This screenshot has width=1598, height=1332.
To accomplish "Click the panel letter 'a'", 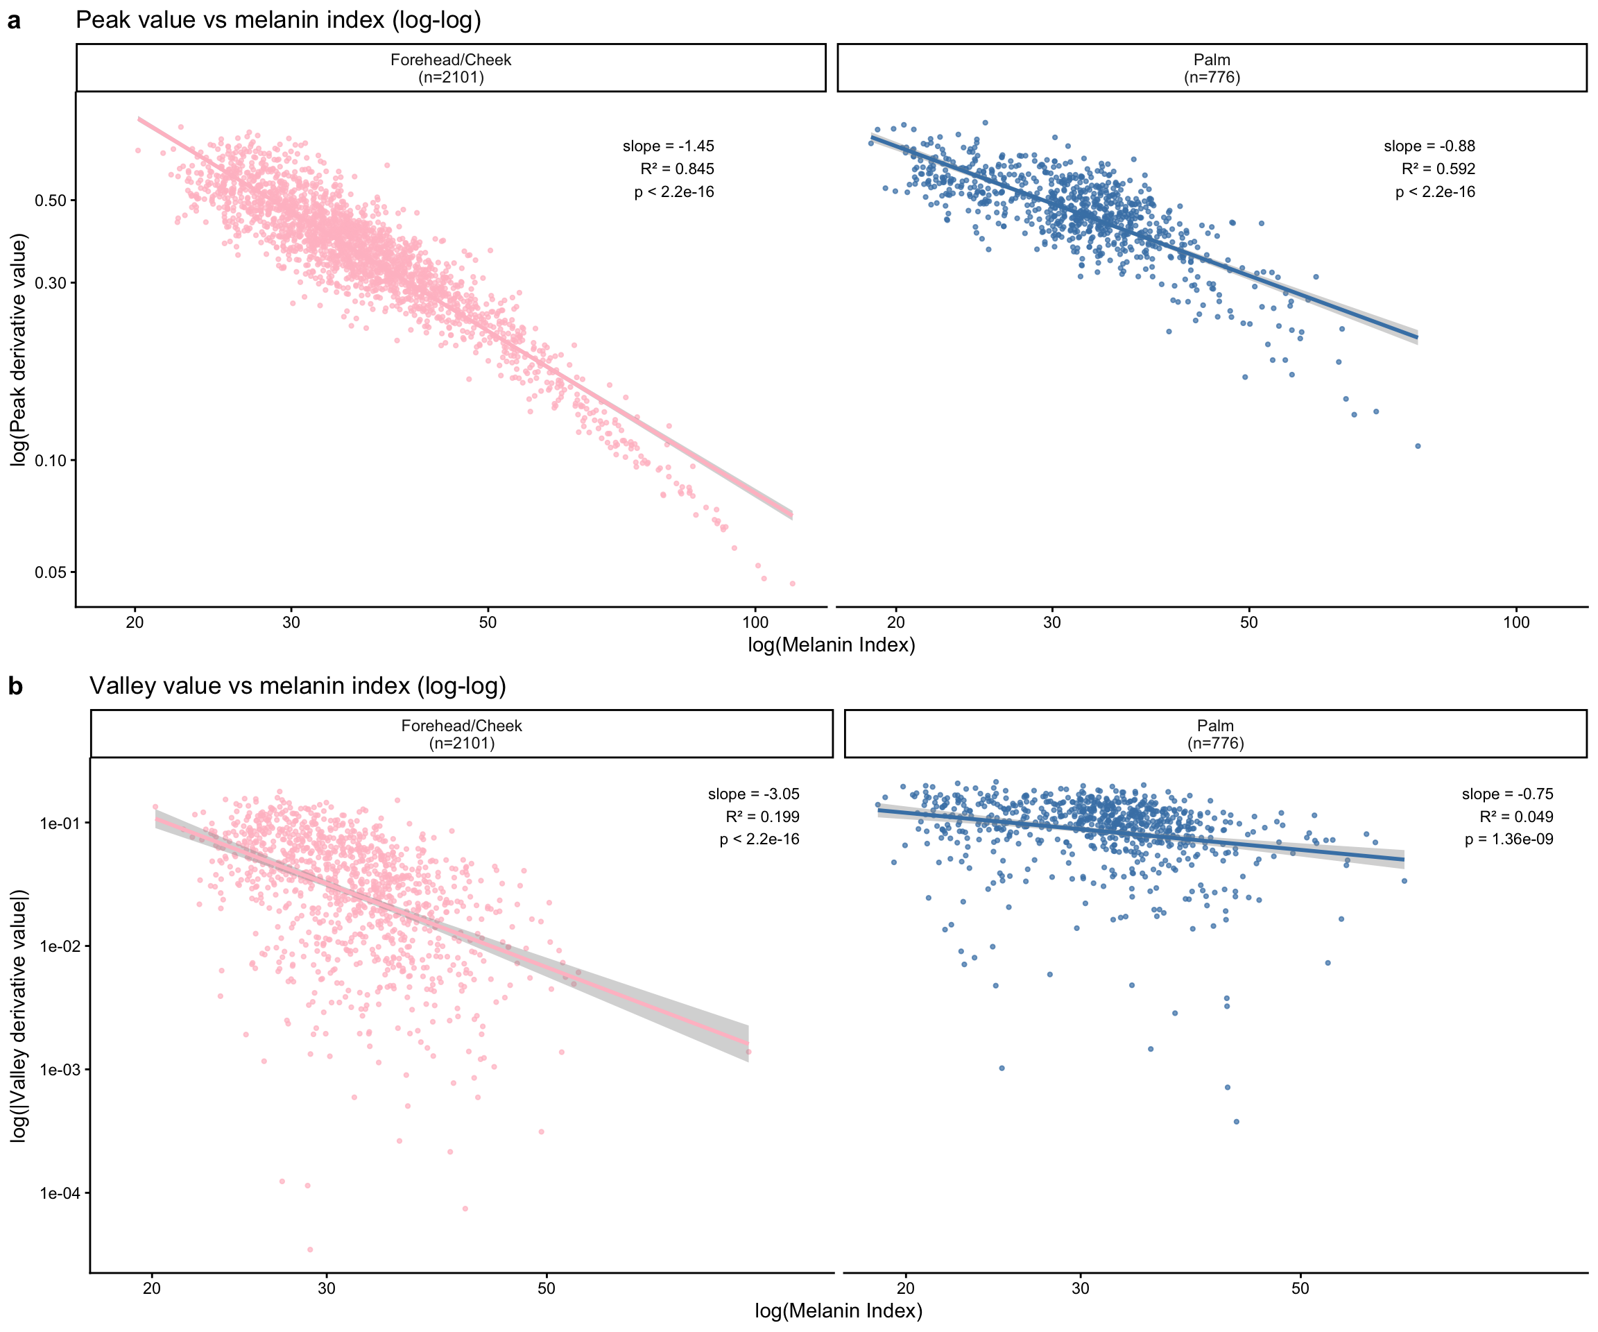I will [14, 22].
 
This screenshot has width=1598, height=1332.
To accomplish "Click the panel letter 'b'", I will [15, 687].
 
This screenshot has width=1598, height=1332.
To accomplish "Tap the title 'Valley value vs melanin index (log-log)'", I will [298, 686].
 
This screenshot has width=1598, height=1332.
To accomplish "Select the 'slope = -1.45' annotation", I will [668, 146].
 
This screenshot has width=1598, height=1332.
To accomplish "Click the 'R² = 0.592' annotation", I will [1438, 169].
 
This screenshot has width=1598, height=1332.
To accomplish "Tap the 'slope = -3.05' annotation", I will [753, 794].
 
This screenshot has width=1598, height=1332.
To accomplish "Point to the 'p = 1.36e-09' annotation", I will [1509, 839].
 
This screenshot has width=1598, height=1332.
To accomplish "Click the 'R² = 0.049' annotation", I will [1516, 817].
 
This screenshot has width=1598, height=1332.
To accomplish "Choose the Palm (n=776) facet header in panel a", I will [1212, 68].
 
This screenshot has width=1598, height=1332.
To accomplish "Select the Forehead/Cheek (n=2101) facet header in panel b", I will [461, 734].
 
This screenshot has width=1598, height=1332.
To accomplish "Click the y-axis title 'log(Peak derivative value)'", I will [19, 350].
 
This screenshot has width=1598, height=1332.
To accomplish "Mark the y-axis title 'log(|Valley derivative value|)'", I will [19, 1016].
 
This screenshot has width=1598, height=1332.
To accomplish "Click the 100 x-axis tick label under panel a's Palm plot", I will [1516, 622].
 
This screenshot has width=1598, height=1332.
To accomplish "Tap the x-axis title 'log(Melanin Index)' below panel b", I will [838, 1310].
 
